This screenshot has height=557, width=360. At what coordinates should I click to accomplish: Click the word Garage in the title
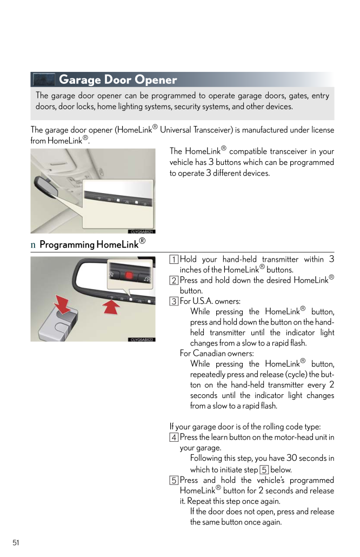point(79,80)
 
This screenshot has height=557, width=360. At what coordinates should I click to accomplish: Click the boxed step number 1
point(174,260)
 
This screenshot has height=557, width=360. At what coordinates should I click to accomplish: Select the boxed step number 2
point(174,280)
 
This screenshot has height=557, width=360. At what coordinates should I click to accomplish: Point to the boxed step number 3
point(174,301)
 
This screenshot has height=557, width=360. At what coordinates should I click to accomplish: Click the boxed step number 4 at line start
point(174,437)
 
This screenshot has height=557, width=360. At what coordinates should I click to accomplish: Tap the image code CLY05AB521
point(142,231)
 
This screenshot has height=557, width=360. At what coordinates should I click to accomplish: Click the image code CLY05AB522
point(142,340)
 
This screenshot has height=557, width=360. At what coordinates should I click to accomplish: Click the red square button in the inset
point(129,274)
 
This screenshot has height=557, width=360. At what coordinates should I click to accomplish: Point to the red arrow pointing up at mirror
point(111,307)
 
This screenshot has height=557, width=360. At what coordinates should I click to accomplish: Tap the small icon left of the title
point(44,80)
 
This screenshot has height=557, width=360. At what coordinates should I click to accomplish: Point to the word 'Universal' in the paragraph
point(181,130)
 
